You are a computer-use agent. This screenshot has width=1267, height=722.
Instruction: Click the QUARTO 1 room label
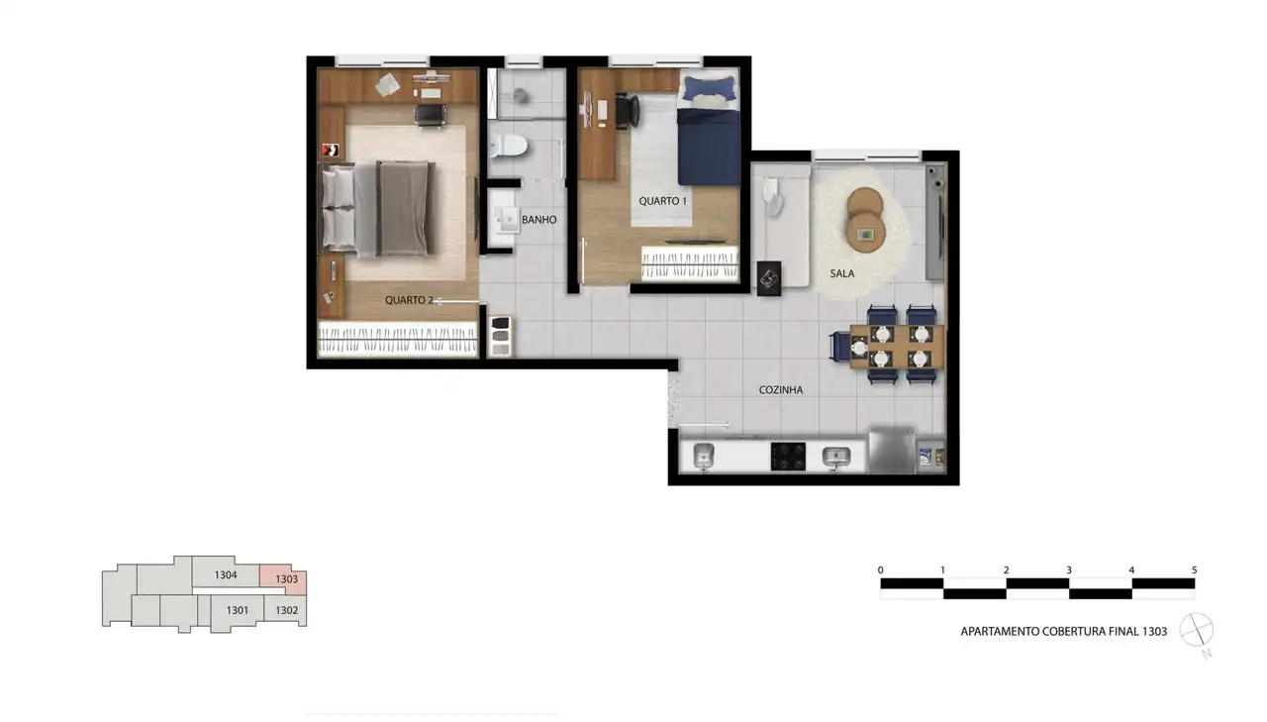(662, 201)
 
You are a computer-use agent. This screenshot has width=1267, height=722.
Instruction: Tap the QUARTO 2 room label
(409, 300)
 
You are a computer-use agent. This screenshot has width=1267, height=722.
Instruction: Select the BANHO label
(539, 220)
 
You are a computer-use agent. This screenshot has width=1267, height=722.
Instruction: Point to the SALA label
(841, 273)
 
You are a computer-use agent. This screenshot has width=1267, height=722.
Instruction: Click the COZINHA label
(781, 390)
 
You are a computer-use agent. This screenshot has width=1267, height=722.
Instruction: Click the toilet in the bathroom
(509, 146)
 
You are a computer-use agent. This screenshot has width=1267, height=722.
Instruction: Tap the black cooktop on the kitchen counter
(788, 456)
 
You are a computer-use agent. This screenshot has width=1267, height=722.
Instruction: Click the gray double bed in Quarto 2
(379, 208)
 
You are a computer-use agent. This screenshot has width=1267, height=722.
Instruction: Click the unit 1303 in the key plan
(286, 578)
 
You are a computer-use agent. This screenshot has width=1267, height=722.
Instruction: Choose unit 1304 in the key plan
(225, 574)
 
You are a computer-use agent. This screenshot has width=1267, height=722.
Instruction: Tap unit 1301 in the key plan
(237, 610)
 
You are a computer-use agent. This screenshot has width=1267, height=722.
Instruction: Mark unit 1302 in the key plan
(286, 610)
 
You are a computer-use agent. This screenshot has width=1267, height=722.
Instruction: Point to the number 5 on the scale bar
(1194, 569)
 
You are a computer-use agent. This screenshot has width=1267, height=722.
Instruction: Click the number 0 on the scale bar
(881, 569)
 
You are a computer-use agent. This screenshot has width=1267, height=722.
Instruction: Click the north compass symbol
(1197, 630)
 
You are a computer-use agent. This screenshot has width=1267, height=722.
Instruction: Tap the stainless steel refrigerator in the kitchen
(892, 451)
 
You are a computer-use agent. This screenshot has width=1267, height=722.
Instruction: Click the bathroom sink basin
(508, 219)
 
